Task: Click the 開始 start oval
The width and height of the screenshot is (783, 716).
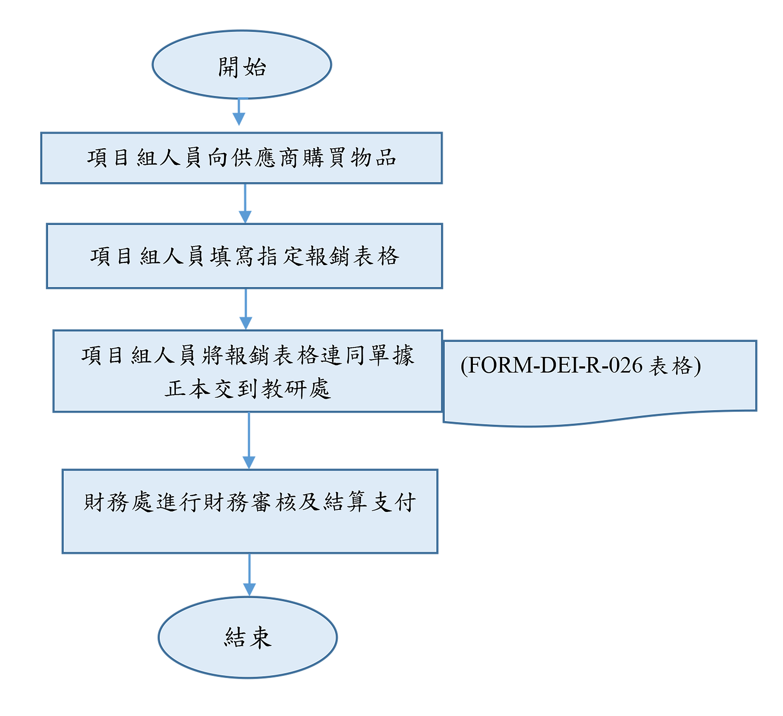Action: click(x=242, y=65)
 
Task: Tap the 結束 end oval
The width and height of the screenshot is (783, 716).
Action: click(x=247, y=637)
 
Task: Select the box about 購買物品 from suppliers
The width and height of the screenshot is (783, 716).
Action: click(x=241, y=158)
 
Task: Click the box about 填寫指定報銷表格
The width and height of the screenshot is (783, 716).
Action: click(x=244, y=256)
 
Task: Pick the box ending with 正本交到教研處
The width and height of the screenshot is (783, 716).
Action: click(x=247, y=371)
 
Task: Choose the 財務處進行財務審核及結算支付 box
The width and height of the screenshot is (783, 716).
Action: click(x=250, y=511)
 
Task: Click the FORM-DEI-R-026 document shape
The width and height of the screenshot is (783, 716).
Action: click(x=600, y=381)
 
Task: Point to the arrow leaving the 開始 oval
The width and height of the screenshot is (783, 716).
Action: click(x=239, y=112)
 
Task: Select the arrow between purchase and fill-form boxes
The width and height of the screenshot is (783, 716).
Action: click(x=245, y=204)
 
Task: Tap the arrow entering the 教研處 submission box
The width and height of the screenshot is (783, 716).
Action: click(x=246, y=309)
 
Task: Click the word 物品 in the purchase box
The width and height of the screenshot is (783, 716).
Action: click(x=373, y=158)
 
